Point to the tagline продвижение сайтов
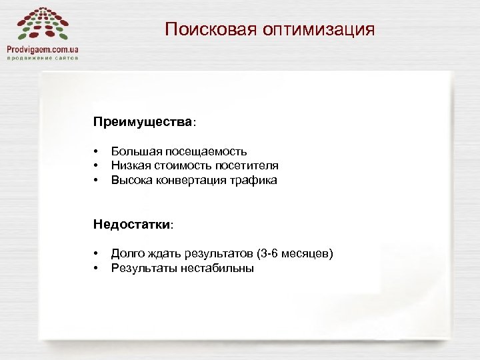43,58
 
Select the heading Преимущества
143,123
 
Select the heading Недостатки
133,225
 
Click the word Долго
126,254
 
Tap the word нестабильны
221,268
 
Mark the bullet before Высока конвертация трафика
96,181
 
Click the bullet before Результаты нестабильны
96,269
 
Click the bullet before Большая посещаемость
96,153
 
